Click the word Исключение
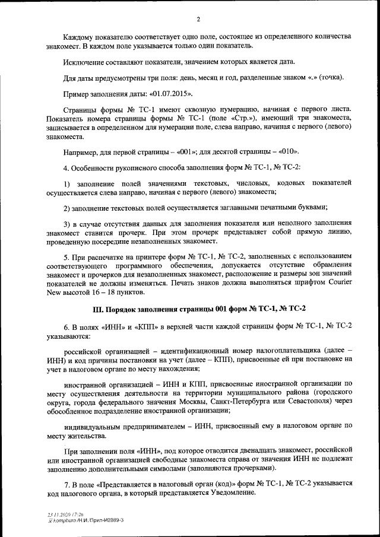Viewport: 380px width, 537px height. [85, 62]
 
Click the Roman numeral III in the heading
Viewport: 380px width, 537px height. [98, 309]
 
